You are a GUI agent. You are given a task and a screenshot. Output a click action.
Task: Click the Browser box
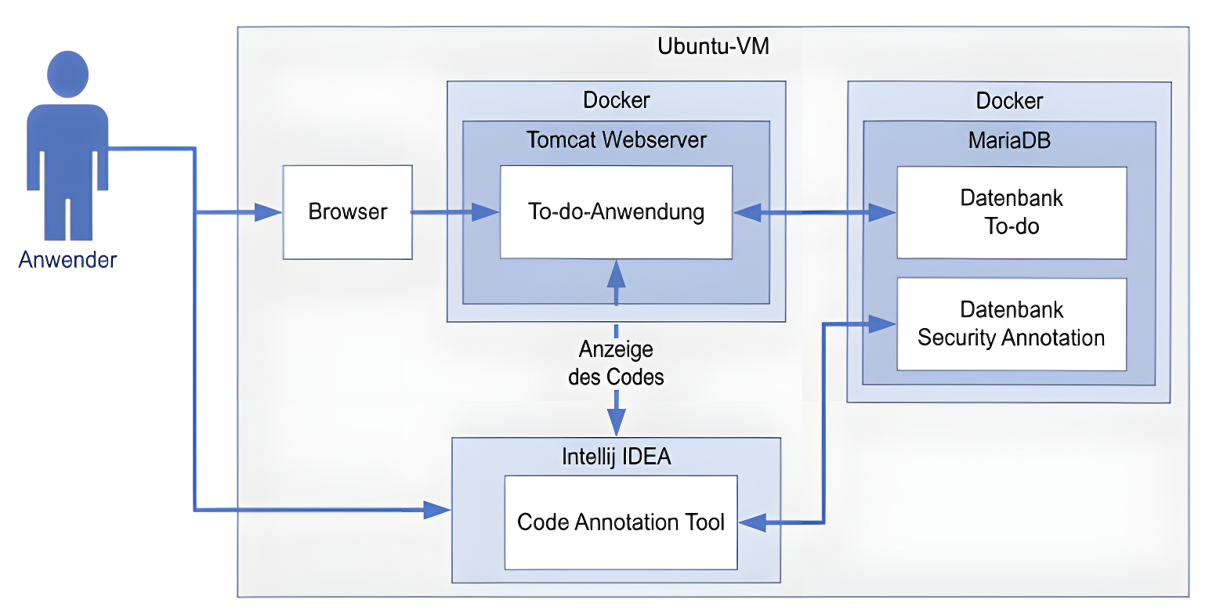(x=347, y=212)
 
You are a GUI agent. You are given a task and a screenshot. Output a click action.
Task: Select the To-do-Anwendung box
(x=616, y=212)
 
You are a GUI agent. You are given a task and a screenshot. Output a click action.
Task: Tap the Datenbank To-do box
(x=1011, y=212)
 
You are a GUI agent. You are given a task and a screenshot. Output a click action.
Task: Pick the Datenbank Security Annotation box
(x=1011, y=323)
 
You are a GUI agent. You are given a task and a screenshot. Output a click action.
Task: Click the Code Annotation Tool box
(x=621, y=522)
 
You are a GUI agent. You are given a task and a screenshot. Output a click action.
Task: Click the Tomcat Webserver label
(x=616, y=140)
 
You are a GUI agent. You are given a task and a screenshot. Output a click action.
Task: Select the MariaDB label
(x=1009, y=141)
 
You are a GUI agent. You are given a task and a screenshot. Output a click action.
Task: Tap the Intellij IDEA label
(x=617, y=457)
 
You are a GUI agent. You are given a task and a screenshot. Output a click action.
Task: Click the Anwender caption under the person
(x=67, y=260)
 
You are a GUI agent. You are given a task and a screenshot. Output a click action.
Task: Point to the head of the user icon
(x=67, y=74)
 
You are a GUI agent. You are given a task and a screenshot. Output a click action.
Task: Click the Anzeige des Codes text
(x=616, y=363)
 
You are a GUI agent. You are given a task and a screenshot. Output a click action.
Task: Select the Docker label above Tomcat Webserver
(x=616, y=100)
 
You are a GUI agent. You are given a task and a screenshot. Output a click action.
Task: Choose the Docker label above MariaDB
(x=1009, y=101)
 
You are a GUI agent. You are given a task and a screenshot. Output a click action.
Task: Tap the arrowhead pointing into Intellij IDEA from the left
(x=437, y=511)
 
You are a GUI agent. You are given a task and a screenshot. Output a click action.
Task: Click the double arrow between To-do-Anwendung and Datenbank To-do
(x=815, y=212)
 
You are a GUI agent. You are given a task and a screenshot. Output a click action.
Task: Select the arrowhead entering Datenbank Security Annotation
(x=884, y=323)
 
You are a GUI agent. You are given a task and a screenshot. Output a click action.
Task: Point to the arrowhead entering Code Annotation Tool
(x=752, y=522)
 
